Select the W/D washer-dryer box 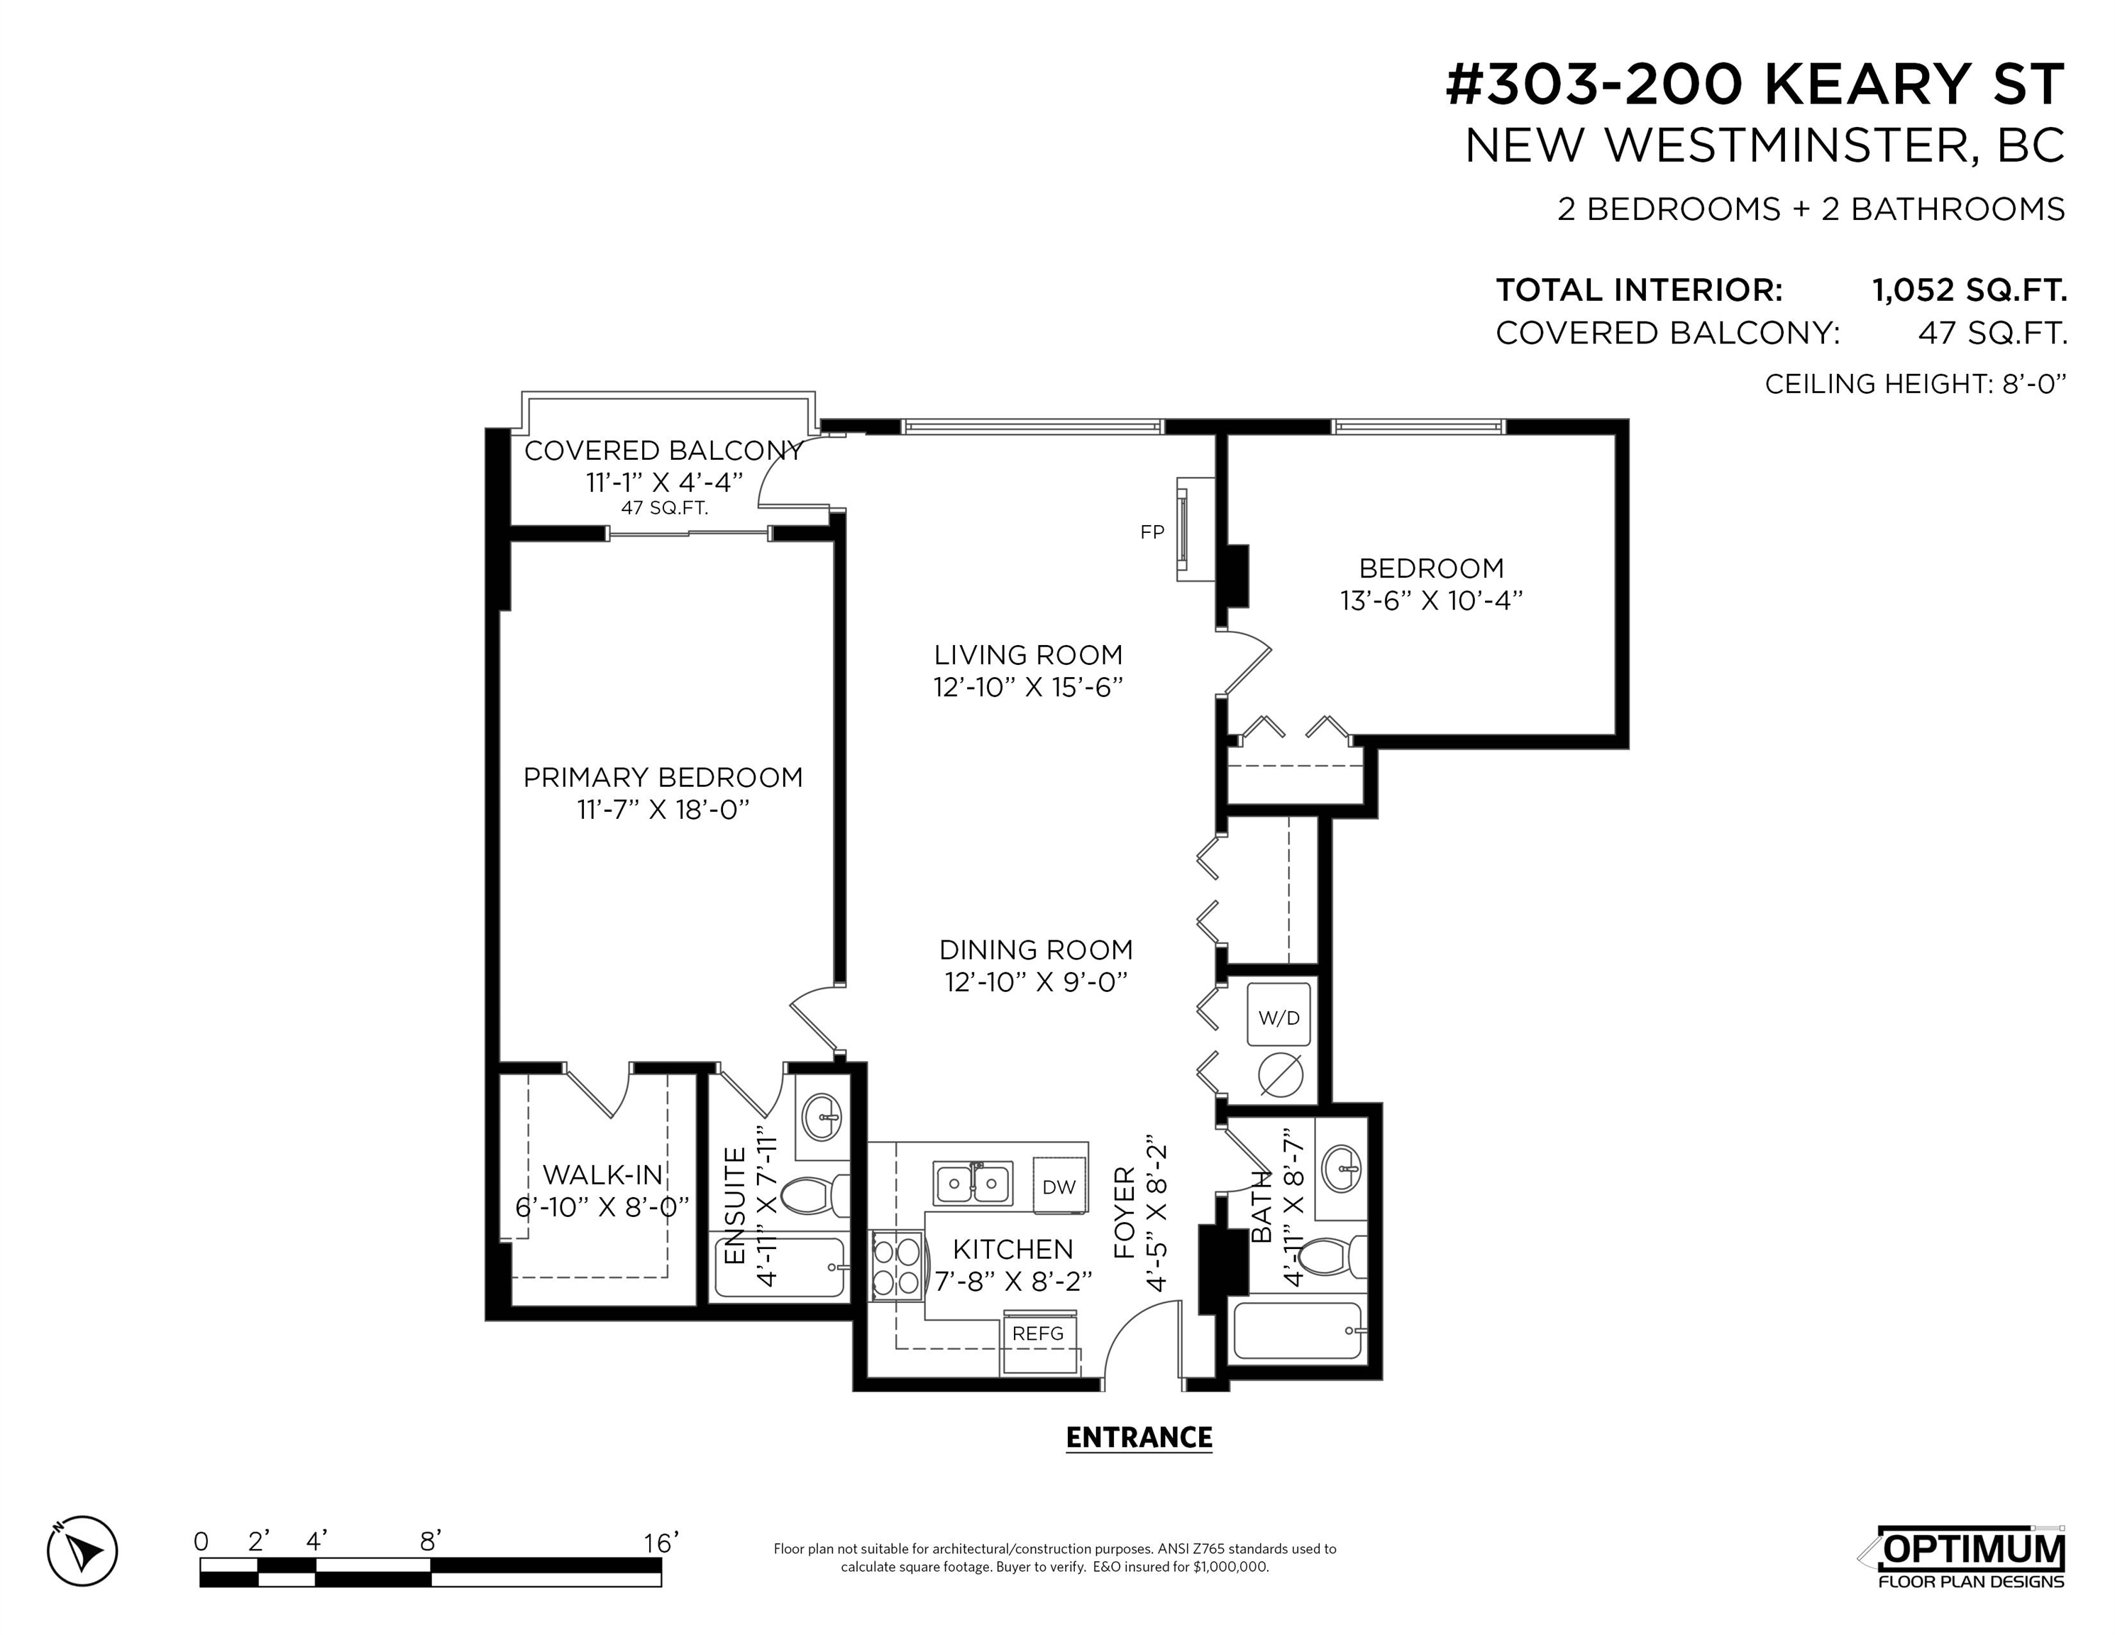pos(1279,1014)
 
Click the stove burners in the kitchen pos(896,1267)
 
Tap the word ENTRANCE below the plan pos(1139,1438)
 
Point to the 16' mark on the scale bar pos(661,1542)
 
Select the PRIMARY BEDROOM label pos(663,777)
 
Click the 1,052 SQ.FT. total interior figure pos(1969,290)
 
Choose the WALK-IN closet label pos(603,1175)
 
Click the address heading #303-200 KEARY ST pos(1755,84)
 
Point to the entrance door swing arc pos(1128,1323)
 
